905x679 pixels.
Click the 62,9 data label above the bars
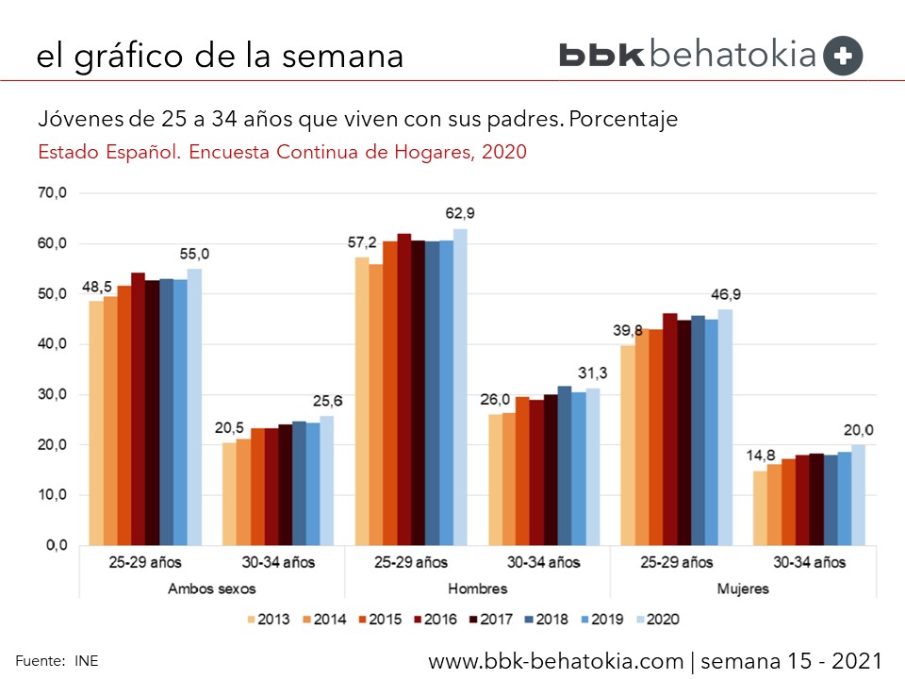coord(460,214)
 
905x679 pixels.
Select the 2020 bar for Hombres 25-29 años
coord(460,387)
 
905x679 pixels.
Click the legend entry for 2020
coord(655,620)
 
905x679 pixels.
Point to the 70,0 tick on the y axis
coord(53,193)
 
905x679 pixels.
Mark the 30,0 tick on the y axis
coord(53,394)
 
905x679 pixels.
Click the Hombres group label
coord(478,588)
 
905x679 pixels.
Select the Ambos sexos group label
coord(212,588)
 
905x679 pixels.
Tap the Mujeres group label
coord(743,588)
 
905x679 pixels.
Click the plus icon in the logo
coord(843,56)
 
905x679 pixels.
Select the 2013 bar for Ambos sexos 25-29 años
coord(96,422)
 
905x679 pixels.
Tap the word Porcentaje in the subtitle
coord(623,121)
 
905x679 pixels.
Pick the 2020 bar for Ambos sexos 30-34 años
coord(326,480)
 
